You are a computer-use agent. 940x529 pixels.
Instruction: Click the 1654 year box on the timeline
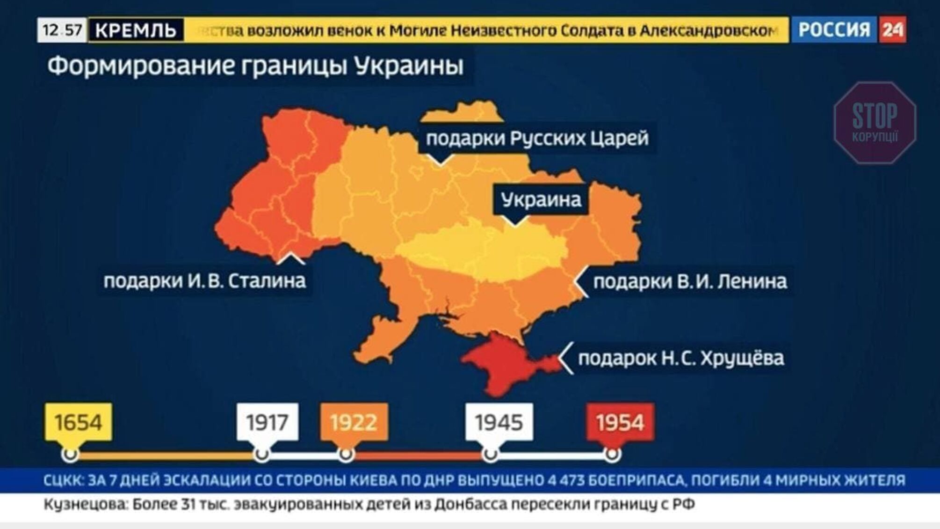[79, 422]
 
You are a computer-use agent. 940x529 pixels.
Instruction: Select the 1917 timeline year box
[267, 422]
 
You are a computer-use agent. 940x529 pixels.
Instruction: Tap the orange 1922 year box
[354, 422]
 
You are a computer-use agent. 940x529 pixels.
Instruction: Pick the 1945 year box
[499, 422]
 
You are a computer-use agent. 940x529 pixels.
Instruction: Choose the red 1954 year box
[620, 422]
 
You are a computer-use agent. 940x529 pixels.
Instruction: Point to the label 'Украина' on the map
[541, 200]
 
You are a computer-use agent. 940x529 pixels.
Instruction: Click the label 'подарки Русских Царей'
[537, 138]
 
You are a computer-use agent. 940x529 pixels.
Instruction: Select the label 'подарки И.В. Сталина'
[204, 281]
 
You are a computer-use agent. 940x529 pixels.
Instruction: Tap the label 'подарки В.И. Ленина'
[690, 281]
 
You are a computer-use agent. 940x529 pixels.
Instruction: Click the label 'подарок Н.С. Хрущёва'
[681, 358]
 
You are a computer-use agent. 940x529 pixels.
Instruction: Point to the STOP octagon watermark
[875, 123]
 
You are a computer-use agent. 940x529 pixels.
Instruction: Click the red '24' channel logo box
[892, 30]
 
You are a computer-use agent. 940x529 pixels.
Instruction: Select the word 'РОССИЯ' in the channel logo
[834, 30]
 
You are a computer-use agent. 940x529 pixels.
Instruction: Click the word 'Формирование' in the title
[140, 66]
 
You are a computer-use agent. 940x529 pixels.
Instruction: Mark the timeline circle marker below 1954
[612, 454]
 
